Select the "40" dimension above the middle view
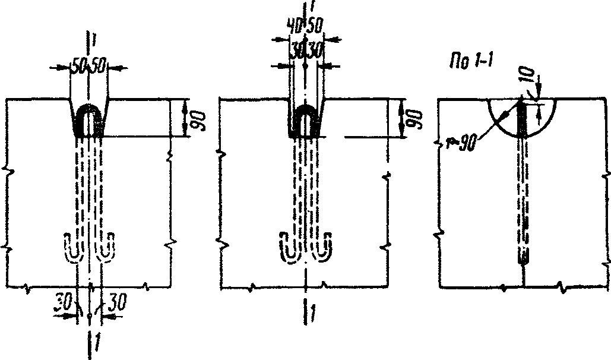(293, 26)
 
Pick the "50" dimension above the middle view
(315, 27)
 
